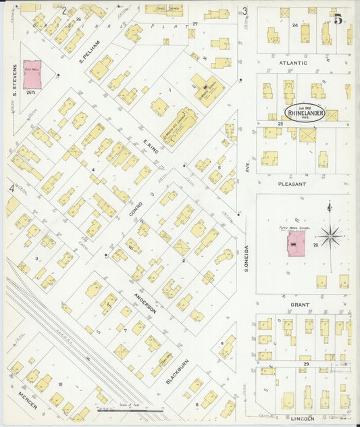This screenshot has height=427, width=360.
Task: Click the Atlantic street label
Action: tap(294, 63)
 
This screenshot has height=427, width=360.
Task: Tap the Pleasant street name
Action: tap(292, 183)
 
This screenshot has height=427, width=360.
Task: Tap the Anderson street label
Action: tap(146, 301)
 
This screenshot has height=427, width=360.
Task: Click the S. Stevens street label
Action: tap(13, 77)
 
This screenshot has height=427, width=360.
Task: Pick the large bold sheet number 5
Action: tap(337, 19)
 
